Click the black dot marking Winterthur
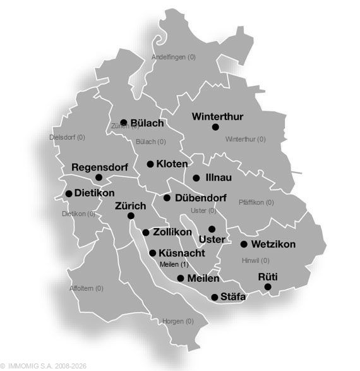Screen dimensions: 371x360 215,127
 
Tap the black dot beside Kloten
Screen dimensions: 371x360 150,164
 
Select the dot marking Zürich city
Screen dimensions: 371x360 131,216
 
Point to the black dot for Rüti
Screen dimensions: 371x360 268,287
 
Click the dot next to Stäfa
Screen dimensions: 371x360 215,297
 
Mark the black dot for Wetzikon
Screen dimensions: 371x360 244,244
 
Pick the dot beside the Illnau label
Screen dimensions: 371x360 196,178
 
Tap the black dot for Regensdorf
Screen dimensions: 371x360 99,178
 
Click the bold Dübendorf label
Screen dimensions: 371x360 196,198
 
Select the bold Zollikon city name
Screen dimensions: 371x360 172,233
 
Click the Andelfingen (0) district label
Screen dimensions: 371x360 174,57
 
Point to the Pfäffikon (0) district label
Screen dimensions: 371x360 256,202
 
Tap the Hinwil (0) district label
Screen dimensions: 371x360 255,260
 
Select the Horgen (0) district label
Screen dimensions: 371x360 178,321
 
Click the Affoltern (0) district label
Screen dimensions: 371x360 87,288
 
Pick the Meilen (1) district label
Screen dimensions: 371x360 174,264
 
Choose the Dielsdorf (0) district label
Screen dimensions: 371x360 67,137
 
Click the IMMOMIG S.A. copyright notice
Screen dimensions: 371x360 44,366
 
